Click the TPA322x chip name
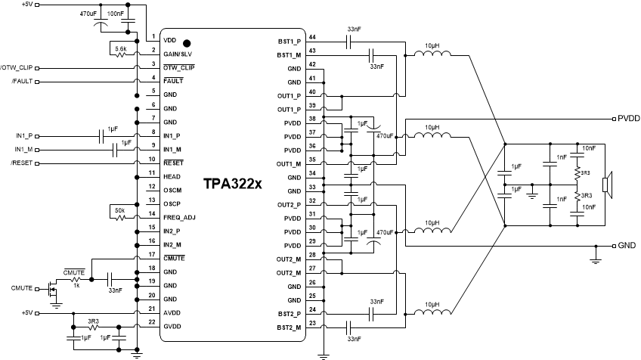(232, 184)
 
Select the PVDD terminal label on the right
(628, 119)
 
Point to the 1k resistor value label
(76, 284)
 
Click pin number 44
(311, 37)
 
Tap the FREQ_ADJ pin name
(179, 217)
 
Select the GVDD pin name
(173, 326)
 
